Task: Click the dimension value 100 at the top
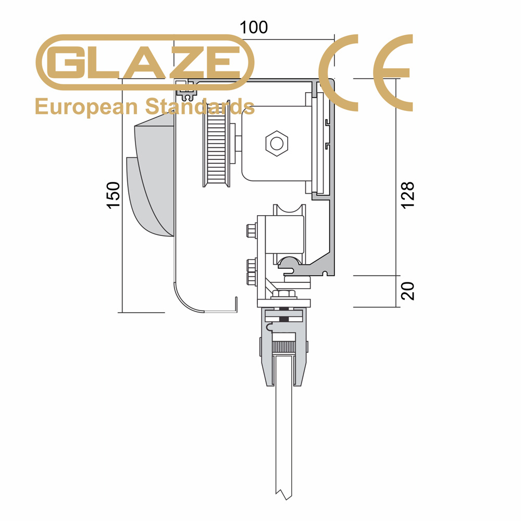point(254,27)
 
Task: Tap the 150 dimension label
point(113,195)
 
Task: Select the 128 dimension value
point(408,195)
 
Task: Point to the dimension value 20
point(408,291)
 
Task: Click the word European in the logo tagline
point(86,107)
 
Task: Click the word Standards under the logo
point(200,106)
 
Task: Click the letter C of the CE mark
point(338,72)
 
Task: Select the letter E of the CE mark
point(393,72)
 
